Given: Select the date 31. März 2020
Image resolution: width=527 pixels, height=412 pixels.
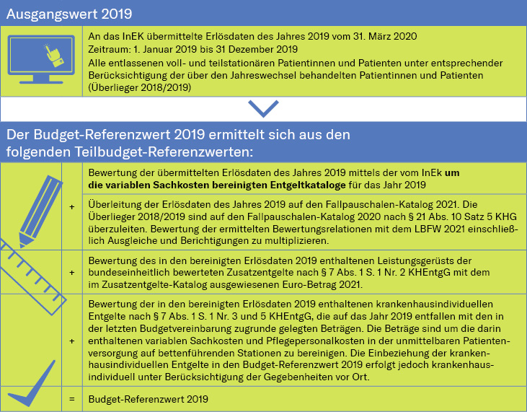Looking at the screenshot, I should pos(384,36).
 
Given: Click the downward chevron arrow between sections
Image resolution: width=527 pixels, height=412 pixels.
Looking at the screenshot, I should pos(263,108).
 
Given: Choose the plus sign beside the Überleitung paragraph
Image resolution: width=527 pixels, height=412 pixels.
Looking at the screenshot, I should pos(71,207).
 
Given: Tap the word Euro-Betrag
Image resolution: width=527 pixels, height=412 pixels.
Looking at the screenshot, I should pos(303,284).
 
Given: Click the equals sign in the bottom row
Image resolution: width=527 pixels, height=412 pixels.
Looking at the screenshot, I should pos(71,398).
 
